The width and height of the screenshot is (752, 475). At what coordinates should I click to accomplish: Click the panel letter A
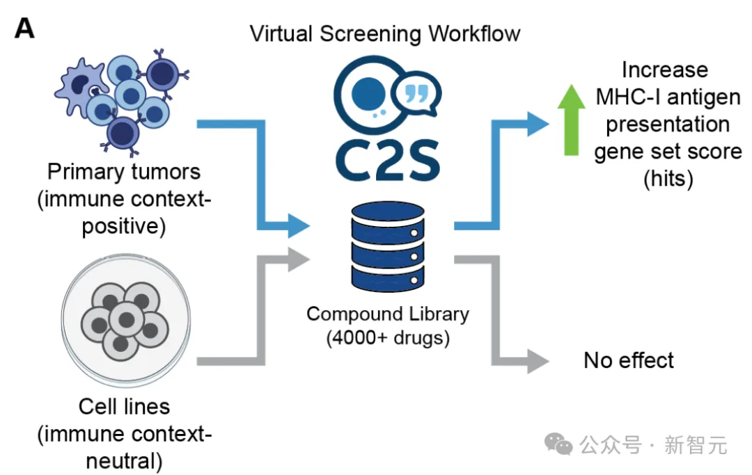tap(24, 28)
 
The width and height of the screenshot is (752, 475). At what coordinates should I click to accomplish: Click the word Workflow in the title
tap(474, 34)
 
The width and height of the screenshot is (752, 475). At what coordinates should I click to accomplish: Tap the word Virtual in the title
tap(281, 34)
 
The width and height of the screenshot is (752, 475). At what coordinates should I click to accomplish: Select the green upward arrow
tap(571, 120)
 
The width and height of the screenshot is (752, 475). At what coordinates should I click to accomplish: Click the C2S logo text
tap(387, 160)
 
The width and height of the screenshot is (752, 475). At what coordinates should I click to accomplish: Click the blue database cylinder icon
tap(388, 246)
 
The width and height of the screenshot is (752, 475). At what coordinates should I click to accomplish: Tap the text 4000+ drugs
tap(388, 338)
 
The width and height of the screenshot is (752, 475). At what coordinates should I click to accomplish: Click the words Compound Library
tap(388, 314)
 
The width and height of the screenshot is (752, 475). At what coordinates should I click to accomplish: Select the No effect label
tap(628, 360)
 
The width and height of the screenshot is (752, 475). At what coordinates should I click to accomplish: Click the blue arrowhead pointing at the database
tap(298, 225)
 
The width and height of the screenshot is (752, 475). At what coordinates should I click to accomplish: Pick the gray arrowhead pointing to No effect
tap(538, 361)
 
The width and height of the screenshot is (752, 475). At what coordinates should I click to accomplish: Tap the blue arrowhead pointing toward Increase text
tap(538, 124)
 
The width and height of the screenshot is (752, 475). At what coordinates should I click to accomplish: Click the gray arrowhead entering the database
tap(298, 259)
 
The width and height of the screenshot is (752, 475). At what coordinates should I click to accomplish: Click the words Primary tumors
tap(124, 171)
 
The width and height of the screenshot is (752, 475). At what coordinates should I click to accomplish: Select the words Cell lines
tap(124, 407)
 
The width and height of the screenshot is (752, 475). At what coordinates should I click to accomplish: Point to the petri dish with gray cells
tap(125, 320)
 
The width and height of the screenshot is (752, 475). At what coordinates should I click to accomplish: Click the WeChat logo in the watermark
tap(558, 444)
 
